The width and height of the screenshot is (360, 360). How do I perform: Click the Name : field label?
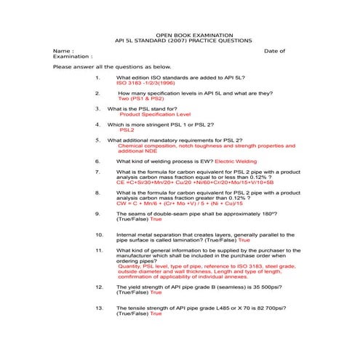pos(63,51)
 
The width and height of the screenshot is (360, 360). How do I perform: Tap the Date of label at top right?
pos(274,51)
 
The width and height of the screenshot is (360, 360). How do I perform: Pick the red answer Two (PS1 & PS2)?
pos(146,99)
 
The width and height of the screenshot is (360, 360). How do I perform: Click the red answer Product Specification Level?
pos(155,114)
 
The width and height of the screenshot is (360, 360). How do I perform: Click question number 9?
pos(98,214)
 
